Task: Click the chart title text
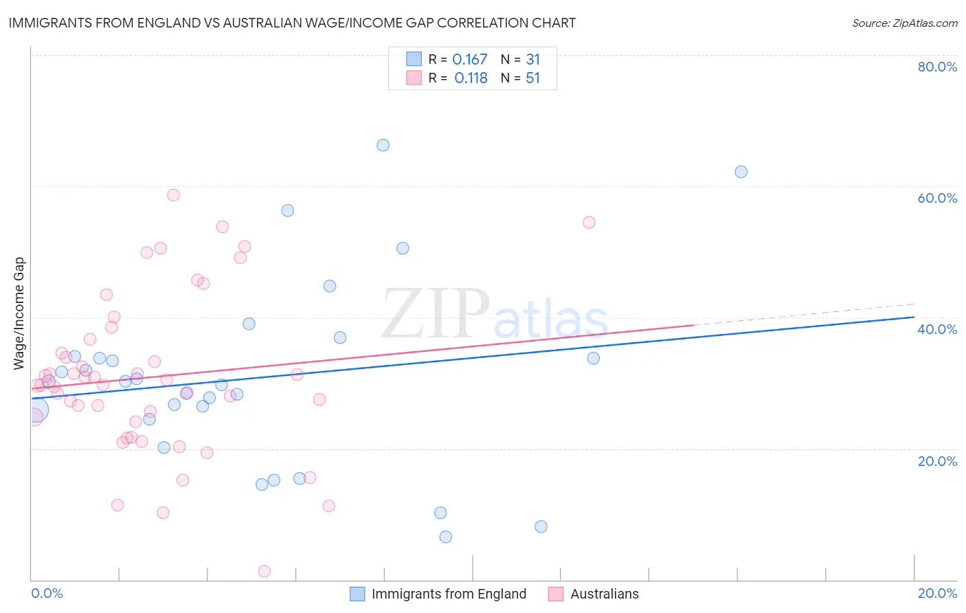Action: point(292,23)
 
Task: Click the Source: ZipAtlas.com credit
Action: point(904,23)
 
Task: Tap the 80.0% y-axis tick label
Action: point(937,67)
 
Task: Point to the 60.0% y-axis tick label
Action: point(937,198)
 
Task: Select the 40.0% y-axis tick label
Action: point(937,329)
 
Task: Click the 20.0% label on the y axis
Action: point(937,460)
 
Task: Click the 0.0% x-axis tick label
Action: point(47,593)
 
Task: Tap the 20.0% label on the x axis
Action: point(937,593)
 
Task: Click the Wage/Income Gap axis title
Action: point(19,313)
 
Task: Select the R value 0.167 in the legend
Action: point(469,60)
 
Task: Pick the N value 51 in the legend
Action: point(532,78)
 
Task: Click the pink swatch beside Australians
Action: point(556,594)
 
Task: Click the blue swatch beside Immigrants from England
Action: point(357,594)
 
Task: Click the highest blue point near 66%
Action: point(383,145)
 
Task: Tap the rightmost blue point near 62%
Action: point(741,172)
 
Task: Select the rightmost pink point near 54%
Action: point(589,223)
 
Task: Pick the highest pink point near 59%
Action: point(173,195)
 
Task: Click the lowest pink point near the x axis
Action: point(264,571)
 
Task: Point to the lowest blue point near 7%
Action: point(445,537)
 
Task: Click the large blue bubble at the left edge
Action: point(36,410)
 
